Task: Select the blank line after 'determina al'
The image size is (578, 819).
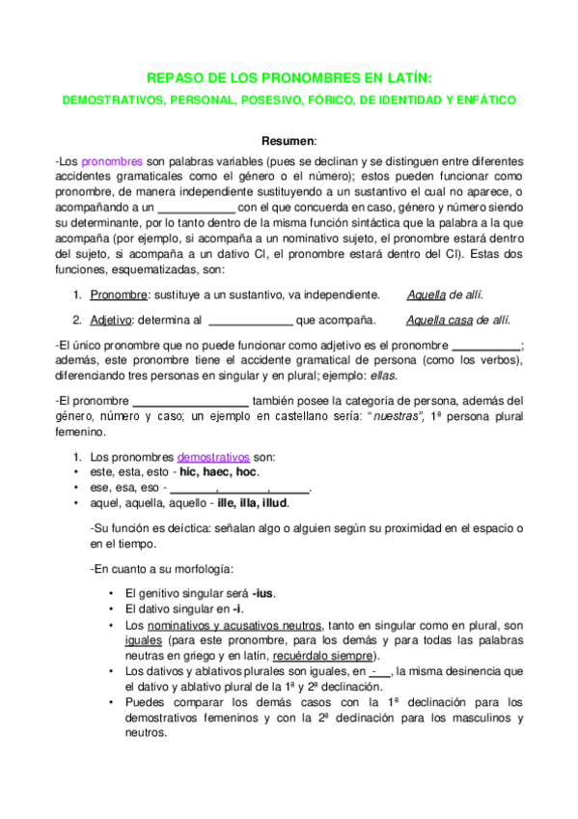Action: (250, 320)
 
